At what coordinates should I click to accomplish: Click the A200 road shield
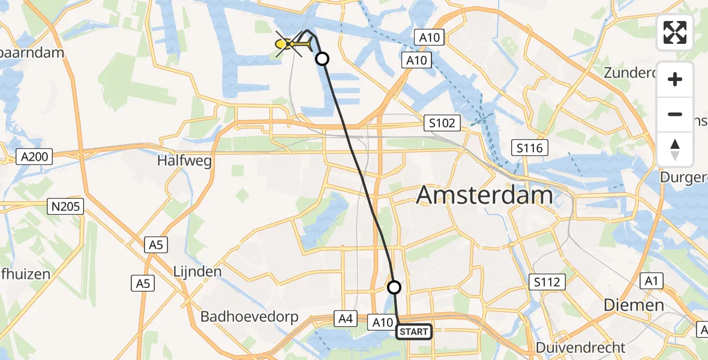coord(35,157)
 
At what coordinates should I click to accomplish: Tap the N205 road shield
coord(66,207)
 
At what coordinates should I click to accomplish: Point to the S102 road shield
coord(442,124)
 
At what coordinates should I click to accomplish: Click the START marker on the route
coord(413,332)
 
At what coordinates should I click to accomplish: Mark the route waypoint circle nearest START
coord(394,287)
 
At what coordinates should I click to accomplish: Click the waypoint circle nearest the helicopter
coord(322,59)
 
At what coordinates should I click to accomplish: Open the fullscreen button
coord(675,32)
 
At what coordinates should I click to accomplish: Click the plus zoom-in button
coord(675,79)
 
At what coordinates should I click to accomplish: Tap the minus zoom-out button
coord(675,114)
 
